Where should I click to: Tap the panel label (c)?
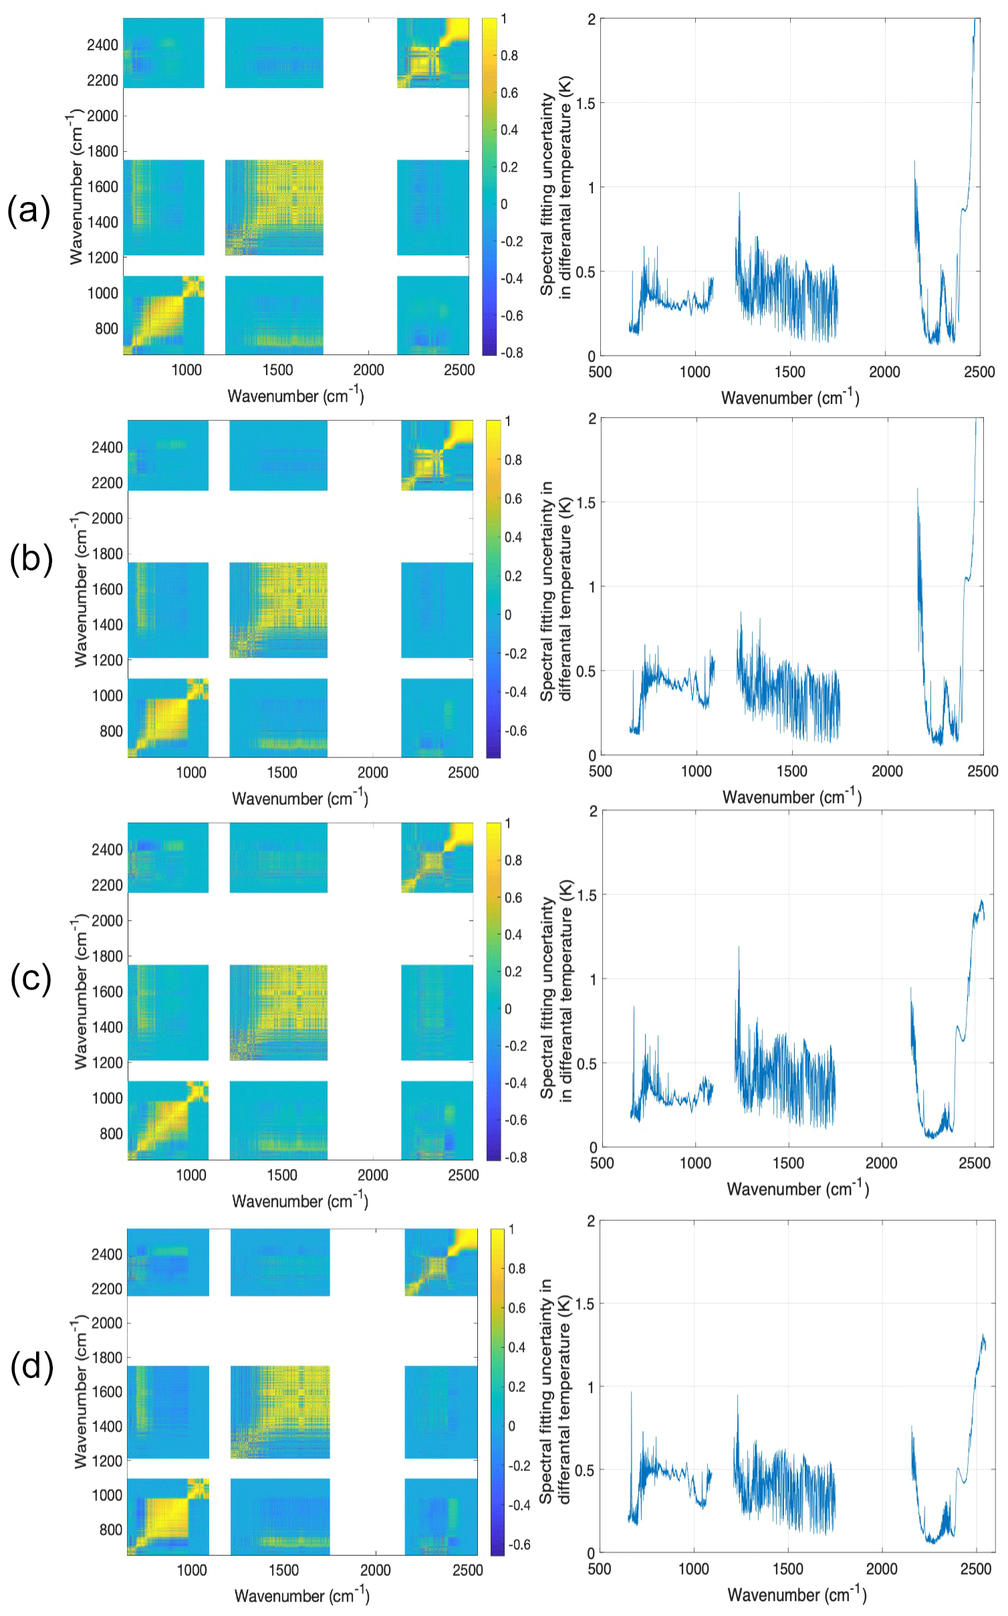point(31,979)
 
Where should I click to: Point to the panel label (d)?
point(31,1366)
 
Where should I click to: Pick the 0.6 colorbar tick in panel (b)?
point(513,499)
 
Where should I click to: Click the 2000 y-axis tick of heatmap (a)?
point(102,116)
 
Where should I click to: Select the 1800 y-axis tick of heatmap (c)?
point(107,956)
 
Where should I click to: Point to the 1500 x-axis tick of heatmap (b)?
point(281,772)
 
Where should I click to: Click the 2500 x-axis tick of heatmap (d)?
point(467,1570)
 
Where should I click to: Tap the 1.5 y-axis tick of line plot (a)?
point(586,103)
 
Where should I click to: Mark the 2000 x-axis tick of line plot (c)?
point(881,1163)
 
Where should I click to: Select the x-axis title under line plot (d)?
point(797,1595)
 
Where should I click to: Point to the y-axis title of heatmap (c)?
point(80,993)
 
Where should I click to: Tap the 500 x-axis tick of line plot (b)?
point(600,771)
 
